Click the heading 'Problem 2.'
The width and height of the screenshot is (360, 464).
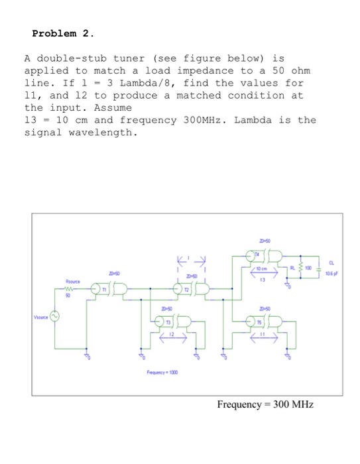[63, 32]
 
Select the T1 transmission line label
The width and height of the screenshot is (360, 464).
[105, 288]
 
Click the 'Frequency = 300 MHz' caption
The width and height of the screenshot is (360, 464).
[265, 404]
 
